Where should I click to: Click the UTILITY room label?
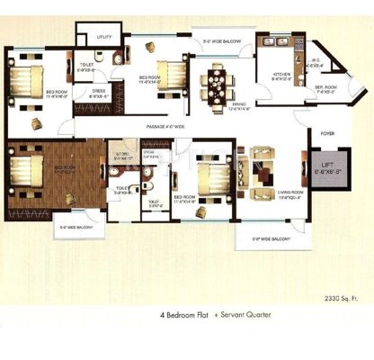click(x=104, y=37)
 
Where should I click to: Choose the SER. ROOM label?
click(x=324, y=89)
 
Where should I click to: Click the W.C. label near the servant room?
click(x=315, y=63)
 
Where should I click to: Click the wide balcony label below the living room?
click(x=269, y=238)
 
